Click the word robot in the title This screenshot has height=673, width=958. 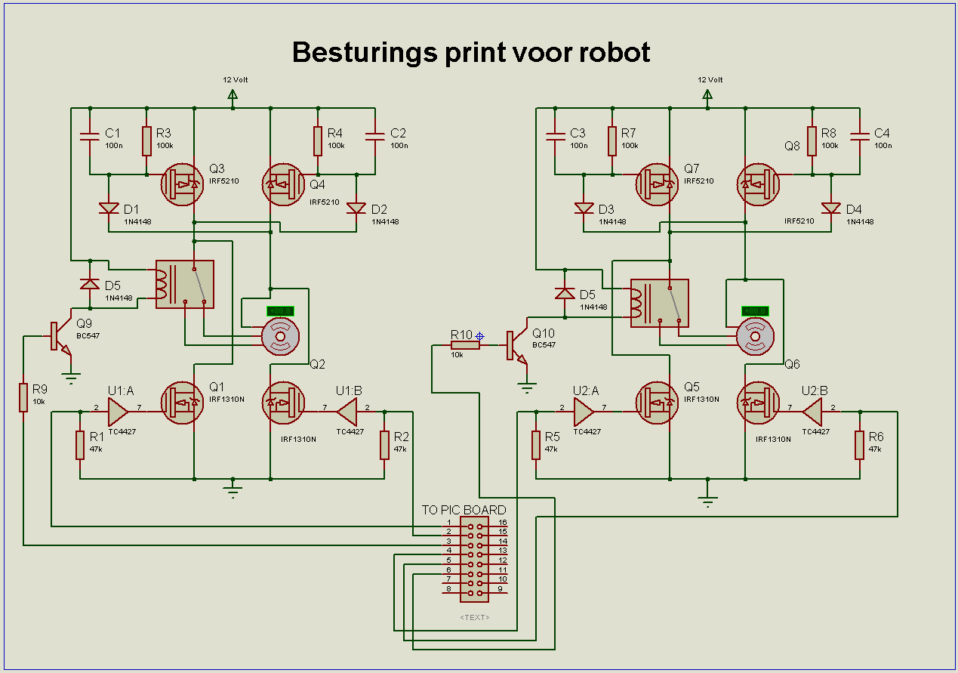point(615,53)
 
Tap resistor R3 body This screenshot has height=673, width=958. point(146,140)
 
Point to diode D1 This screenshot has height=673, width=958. point(109,208)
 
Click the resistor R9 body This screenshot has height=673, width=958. point(23,397)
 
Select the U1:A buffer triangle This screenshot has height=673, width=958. point(118,412)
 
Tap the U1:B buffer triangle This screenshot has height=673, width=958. point(347,412)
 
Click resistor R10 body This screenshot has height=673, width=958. point(465,345)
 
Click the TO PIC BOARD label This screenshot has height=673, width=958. point(464,510)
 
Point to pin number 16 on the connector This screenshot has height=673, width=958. point(502,523)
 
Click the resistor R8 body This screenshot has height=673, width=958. point(812,140)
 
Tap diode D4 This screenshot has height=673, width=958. point(831,208)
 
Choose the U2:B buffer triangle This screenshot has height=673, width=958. point(813,412)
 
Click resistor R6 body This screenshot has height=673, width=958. point(860,445)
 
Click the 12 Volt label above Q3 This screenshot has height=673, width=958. point(235,79)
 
